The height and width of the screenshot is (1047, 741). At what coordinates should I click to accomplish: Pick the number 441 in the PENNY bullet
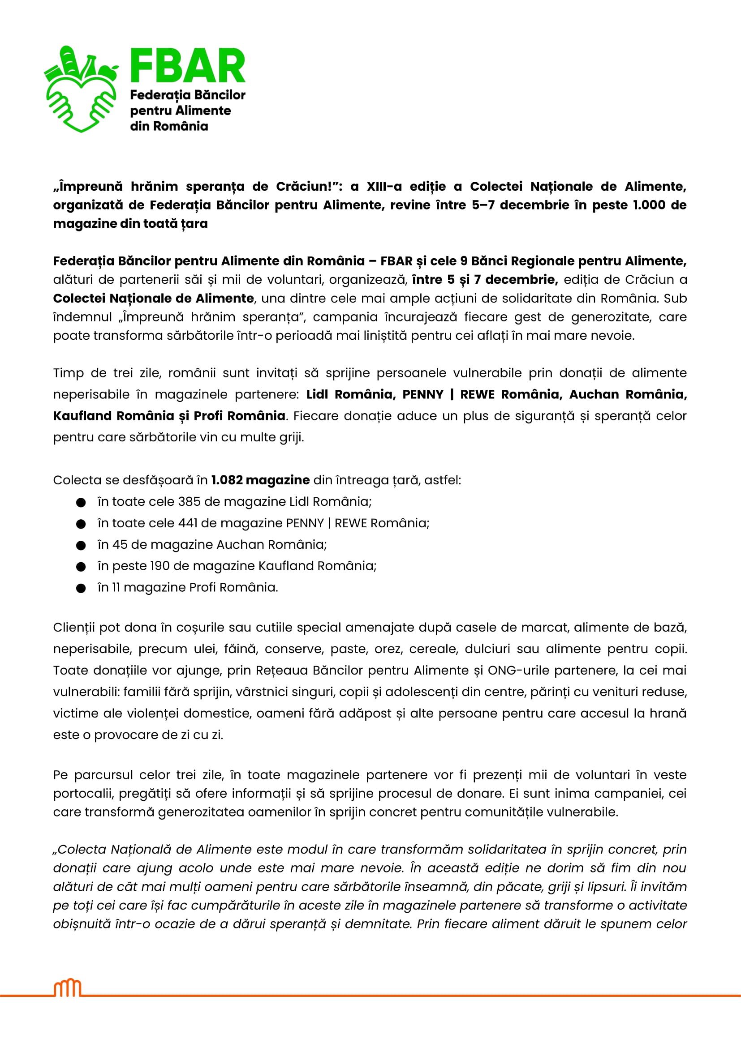[185, 523]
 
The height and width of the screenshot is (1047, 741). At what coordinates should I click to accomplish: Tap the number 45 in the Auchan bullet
[120, 544]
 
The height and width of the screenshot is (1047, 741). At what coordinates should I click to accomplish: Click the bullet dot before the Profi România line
[81, 588]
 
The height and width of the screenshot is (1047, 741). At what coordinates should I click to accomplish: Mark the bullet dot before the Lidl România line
[81, 503]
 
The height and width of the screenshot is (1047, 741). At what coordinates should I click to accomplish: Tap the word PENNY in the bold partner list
[422, 394]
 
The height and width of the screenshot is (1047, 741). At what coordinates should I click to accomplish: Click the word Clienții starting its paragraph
[74, 628]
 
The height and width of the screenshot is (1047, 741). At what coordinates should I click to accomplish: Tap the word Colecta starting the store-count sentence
[77, 480]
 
